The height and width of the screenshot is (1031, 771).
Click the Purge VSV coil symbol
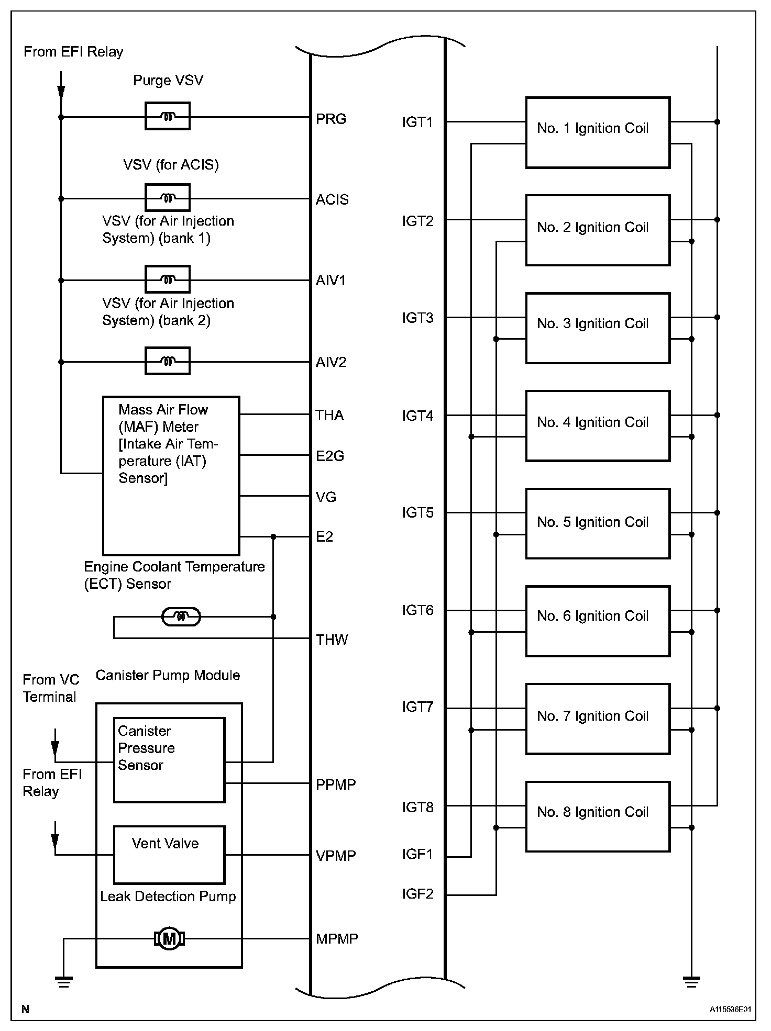tap(167, 117)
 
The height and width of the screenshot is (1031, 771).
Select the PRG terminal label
tap(331, 119)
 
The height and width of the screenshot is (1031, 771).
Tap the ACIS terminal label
tap(332, 200)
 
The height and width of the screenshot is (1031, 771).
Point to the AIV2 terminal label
tap(331, 362)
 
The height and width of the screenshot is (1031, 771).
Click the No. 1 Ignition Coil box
tap(598, 132)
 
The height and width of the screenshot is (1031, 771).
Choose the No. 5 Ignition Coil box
tap(598, 523)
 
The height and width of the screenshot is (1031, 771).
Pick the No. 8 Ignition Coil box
tap(598, 816)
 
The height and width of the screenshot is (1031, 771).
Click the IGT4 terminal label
tap(417, 416)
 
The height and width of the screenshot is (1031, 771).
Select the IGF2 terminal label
tap(417, 894)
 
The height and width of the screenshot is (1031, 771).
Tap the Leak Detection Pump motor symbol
tap(169, 939)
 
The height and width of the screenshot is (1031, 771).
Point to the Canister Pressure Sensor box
tap(169, 760)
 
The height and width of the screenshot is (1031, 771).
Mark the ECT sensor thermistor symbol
tap(181, 617)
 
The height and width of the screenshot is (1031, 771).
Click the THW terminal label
tap(332, 640)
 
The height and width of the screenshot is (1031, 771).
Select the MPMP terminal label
tap(337, 939)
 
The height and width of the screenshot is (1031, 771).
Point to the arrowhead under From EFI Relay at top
tap(61, 93)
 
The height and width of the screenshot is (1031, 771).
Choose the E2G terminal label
tap(330, 456)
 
